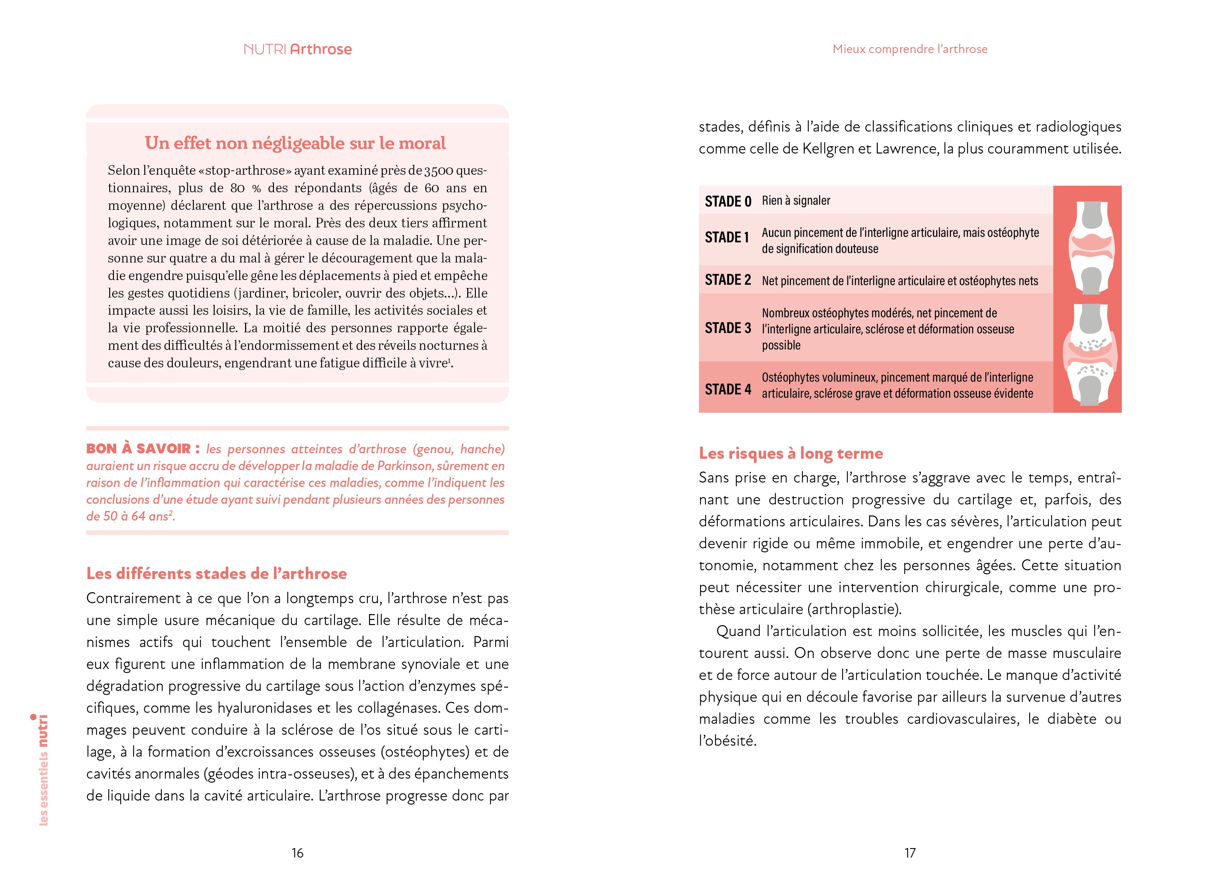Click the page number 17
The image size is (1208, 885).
pos(910,853)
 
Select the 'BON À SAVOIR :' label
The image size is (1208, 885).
pos(143,449)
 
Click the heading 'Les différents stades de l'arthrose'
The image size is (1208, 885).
pos(216,574)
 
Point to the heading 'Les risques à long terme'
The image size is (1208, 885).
pos(790,453)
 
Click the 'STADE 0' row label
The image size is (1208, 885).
pos(728,201)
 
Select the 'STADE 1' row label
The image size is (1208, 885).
pos(727,237)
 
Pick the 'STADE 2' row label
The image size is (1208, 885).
pos(728,280)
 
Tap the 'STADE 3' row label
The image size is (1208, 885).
pos(728,328)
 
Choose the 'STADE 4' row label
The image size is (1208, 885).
pos(728,389)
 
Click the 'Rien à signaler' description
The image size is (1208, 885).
pos(796,201)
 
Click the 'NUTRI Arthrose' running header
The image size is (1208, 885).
pos(298,49)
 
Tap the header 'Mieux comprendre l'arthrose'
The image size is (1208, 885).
pos(910,49)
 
